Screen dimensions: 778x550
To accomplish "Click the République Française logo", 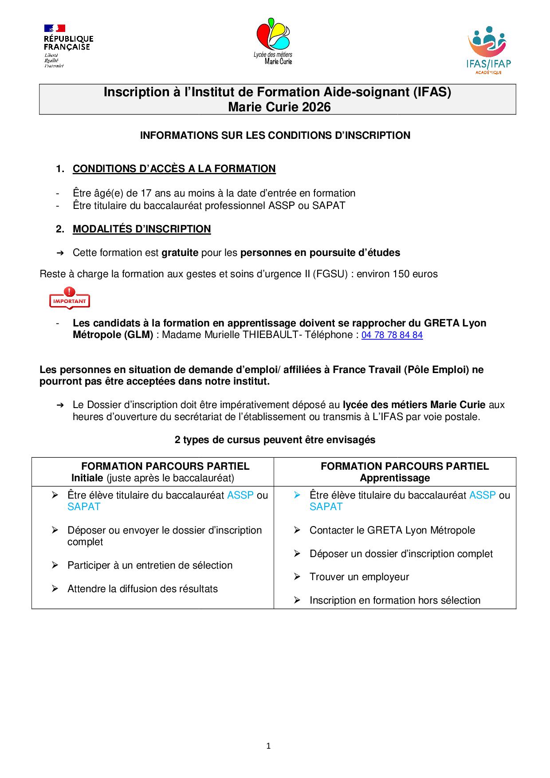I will tap(68, 46).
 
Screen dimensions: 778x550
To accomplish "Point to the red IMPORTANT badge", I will tap(70, 299).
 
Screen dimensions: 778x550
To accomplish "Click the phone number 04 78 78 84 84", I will tap(392, 335).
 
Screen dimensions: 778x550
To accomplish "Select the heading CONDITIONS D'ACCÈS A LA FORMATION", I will tap(174, 169).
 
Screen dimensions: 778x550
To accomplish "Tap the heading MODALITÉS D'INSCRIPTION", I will tap(141, 229).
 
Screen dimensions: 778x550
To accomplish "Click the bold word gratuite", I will tap(180, 253).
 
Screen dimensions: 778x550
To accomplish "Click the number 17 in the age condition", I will tap(146, 193).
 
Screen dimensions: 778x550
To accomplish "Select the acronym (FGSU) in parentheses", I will tap(329, 274).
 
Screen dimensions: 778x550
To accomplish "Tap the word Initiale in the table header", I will tap(87, 478).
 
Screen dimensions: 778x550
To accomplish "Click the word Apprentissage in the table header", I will tap(395, 478).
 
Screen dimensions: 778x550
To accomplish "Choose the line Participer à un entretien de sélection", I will tap(149, 566).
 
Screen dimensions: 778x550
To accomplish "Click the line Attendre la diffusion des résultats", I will tap(142, 589).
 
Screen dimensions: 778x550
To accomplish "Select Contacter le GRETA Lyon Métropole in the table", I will tap(392, 530).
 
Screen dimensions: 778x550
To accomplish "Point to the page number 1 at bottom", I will tap(268, 746).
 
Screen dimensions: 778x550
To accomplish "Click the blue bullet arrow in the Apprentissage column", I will tap(297, 495).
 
